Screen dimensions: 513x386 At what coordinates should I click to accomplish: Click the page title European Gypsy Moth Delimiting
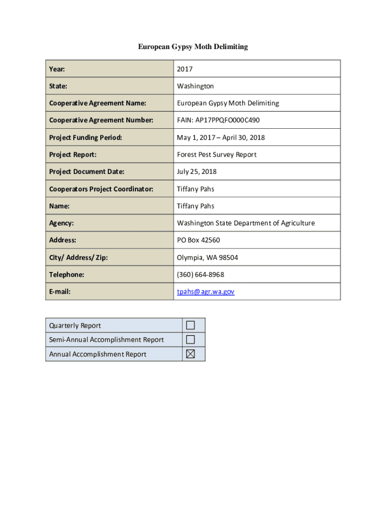pyautogui.click(x=193, y=47)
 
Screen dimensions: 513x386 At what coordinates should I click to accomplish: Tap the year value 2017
pyautogui.click(x=184, y=69)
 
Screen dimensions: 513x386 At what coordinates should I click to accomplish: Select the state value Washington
pyautogui.click(x=195, y=86)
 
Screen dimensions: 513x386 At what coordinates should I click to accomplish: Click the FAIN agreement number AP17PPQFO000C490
pyautogui.click(x=218, y=120)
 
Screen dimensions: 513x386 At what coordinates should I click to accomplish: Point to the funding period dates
pyautogui.click(x=221, y=137)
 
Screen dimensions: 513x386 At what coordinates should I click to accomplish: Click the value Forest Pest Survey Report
pyautogui.click(x=217, y=154)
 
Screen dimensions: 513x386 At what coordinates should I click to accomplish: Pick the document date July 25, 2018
pyautogui.click(x=197, y=172)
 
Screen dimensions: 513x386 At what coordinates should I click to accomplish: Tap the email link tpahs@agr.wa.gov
pyautogui.click(x=206, y=292)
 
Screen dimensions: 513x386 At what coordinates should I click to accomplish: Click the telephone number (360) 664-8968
pyautogui.click(x=201, y=275)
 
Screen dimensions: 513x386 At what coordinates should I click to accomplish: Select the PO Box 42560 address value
pyautogui.click(x=198, y=240)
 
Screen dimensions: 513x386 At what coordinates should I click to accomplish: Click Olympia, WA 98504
pyautogui.click(x=207, y=258)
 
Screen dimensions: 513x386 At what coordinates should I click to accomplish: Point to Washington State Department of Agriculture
pyautogui.click(x=246, y=223)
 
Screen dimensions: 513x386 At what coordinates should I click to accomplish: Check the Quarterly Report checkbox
pyautogui.click(x=190, y=325)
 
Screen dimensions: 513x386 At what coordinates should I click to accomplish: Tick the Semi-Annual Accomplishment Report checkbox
pyautogui.click(x=190, y=340)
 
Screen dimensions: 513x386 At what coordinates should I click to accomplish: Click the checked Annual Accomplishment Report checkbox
pyautogui.click(x=190, y=354)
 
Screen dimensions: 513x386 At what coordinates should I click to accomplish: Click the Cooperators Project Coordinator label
pyautogui.click(x=101, y=189)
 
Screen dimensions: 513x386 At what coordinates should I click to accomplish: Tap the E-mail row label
pyautogui.click(x=60, y=292)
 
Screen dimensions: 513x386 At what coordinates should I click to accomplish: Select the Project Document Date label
pyautogui.click(x=87, y=172)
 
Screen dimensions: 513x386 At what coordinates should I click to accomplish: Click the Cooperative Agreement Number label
pyautogui.click(x=101, y=120)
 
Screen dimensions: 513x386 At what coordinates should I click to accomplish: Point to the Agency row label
pyautogui.click(x=61, y=223)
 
